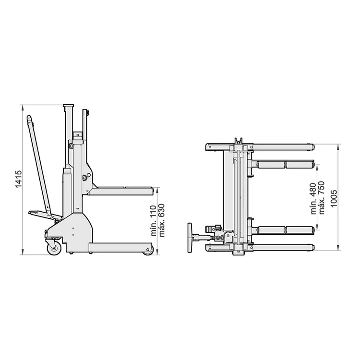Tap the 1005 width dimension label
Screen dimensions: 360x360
click(334, 198)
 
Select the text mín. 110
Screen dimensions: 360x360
click(153, 221)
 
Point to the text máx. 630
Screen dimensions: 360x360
click(162, 220)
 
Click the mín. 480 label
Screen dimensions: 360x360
click(313, 199)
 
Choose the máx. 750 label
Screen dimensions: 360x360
click(322, 198)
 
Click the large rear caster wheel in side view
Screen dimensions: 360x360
click(54, 248)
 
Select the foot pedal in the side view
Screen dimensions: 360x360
click(38, 213)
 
